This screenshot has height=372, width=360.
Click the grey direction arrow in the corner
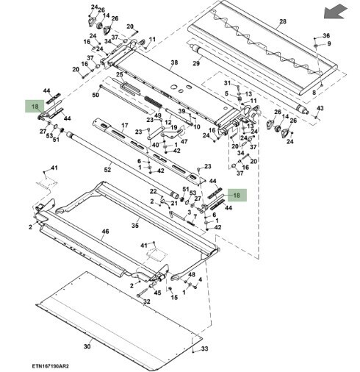click(x=335, y=12)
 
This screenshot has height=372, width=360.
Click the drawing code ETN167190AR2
click(x=51, y=366)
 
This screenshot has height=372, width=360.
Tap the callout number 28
click(x=283, y=21)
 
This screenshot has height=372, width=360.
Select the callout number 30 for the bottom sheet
click(x=87, y=346)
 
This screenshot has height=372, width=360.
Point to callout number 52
click(x=107, y=170)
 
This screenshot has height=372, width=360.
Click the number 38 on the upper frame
click(x=174, y=62)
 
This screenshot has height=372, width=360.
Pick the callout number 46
click(x=105, y=231)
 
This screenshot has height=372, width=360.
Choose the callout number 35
click(x=135, y=226)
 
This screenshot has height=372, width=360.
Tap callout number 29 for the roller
click(x=196, y=63)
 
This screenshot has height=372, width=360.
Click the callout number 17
click(x=125, y=126)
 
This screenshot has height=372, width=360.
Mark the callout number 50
click(x=96, y=95)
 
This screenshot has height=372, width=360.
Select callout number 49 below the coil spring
click(x=158, y=115)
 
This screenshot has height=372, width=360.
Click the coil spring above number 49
click(x=153, y=102)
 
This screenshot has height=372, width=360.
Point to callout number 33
click(x=204, y=348)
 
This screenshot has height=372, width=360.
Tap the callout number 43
click(x=320, y=108)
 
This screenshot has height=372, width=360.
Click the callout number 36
click(x=326, y=36)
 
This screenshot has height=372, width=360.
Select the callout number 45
click(x=157, y=293)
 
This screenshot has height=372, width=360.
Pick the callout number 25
click(x=120, y=74)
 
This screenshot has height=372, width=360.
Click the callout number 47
click(x=184, y=142)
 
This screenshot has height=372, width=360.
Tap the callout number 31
click(x=228, y=83)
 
